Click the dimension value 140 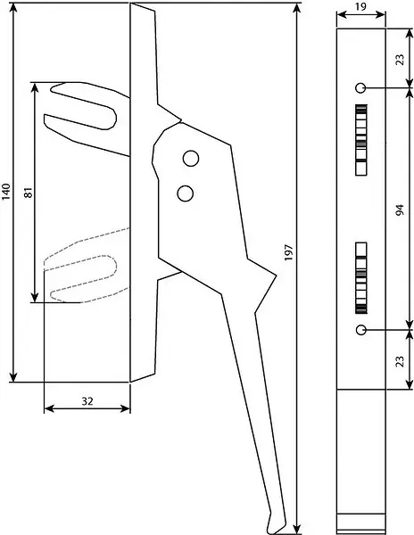click(x=7, y=192)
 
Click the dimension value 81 click(x=29, y=193)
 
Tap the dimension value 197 click(x=289, y=252)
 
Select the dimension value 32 click(x=87, y=401)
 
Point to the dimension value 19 click(x=360, y=7)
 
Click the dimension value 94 click(x=400, y=210)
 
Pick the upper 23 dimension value click(x=401, y=60)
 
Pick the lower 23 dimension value click(x=401, y=361)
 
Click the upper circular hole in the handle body click(x=191, y=159)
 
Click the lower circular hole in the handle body click(x=186, y=193)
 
